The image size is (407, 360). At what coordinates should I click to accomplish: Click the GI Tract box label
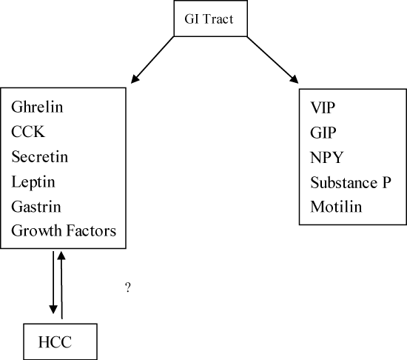[209, 19]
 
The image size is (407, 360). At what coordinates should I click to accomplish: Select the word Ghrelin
[37, 107]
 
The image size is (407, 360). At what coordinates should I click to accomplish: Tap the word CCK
[28, 131]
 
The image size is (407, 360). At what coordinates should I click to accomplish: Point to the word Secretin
[40, 156]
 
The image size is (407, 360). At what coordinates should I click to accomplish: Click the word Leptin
[33, 181]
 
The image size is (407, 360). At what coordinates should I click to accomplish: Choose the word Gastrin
[36, 207]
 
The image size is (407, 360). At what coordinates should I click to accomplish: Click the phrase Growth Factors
[64, 230]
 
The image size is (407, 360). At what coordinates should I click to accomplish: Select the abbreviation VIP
[323, 107]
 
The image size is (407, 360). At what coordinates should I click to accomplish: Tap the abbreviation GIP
[323, 133]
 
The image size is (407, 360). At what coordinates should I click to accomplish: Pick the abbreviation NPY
[327, 157]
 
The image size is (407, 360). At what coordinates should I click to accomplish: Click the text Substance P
[351, 182]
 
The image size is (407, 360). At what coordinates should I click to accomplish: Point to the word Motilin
[336, 207]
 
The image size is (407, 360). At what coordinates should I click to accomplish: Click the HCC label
[55, 341]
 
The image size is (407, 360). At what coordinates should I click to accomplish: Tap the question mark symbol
[128, 287]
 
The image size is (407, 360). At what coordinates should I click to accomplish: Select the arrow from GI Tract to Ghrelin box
[152, 60]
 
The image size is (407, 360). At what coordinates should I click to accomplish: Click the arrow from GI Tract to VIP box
[272, 60]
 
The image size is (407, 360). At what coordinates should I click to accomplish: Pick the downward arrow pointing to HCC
[53, 283]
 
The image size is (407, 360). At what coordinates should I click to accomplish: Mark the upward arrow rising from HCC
[61, 285]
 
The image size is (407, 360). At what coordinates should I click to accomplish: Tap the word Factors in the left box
[91, 230]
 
